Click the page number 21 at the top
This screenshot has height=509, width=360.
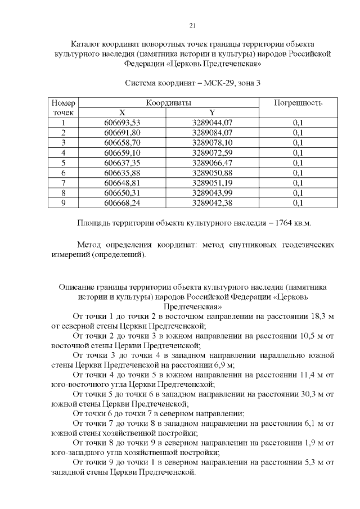click(x=192, y=25)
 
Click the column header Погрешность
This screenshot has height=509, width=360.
click(x=298, y=103)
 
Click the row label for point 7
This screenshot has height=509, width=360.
click(x=64, y=183)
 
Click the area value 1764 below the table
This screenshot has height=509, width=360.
click(x=280, y=223)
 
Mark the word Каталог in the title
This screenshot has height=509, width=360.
click(x=87, y=44)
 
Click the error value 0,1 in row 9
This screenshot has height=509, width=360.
click(x=298, y=203)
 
